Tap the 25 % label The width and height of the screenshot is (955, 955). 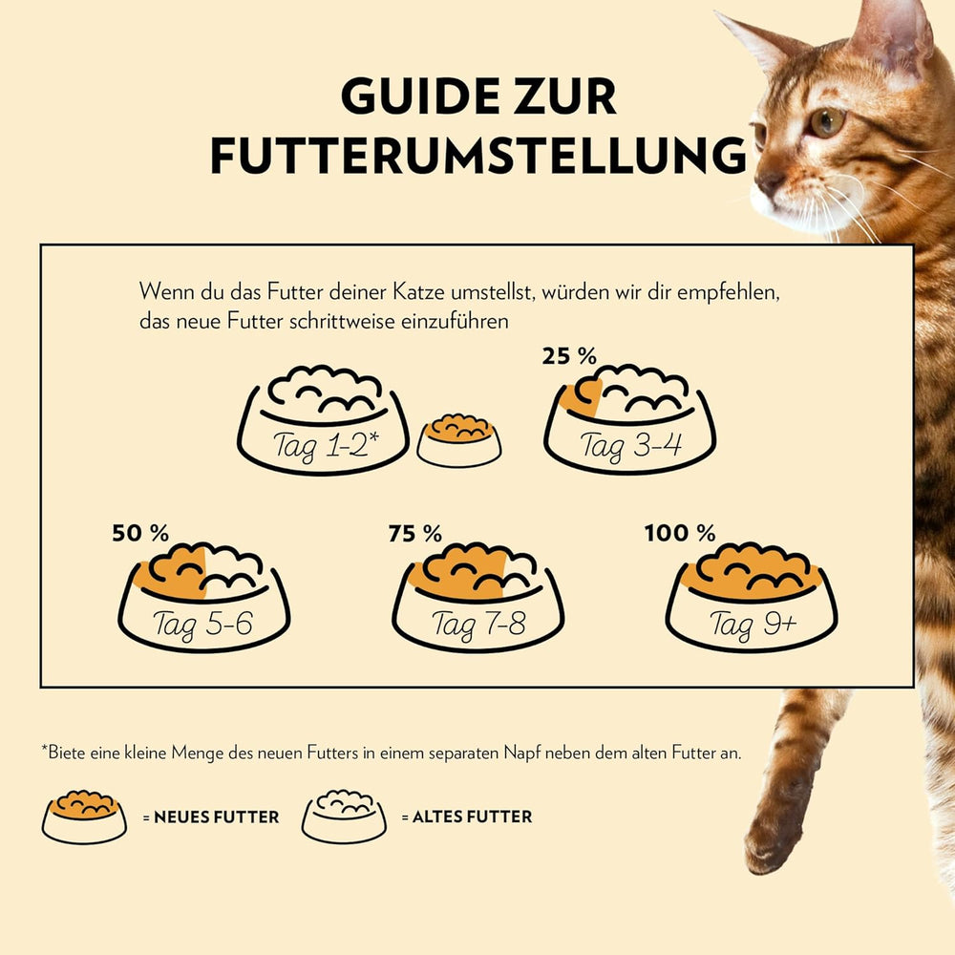pyautogui.click(x=569, y=356)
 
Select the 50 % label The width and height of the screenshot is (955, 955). pyautogui.click(x=139, y=533)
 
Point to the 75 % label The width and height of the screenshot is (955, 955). pyautogui.click(x=414, y=533)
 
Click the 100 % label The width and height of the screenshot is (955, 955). pyautogui.click(x=679, y=533)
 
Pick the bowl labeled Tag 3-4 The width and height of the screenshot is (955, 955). pyautogui.click(x=629, y=419)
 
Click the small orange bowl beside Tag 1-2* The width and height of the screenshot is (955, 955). pyautogui.click(x=459, y=440)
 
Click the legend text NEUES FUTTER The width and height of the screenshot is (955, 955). pyautogui.click(x=217, y=817)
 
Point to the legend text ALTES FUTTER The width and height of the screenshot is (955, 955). pyautogui.click(x=466, y=817)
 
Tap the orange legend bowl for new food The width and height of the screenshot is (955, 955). pyautogui.click(x=84, y=817)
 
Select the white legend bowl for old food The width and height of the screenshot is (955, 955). pyautogui.click(x=344, y=817)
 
